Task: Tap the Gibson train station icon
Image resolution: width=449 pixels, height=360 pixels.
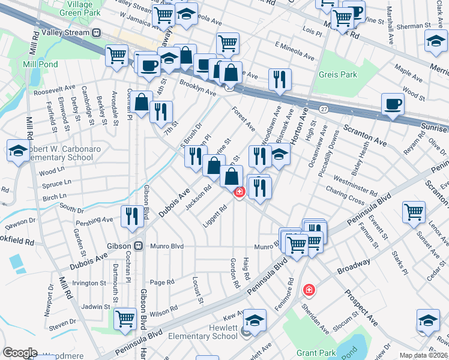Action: click(138, 245)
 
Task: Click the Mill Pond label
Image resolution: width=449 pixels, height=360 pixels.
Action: click(38, 64)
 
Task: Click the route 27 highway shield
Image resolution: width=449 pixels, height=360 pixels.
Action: click(324, 109)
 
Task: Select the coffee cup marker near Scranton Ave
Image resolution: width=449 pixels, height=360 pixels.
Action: click(393, 104)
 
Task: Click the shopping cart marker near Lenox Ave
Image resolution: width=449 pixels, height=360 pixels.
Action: click(414, 212)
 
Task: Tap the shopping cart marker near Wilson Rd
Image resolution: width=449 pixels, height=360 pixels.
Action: click(125, 319)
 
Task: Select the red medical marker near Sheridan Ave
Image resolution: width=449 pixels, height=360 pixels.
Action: click(309, 290)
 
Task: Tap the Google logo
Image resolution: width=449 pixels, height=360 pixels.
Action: click(20, 353)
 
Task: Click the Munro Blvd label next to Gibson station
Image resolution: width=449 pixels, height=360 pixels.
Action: click(168, 246)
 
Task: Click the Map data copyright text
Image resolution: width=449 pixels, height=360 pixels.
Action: click(423, 355)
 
